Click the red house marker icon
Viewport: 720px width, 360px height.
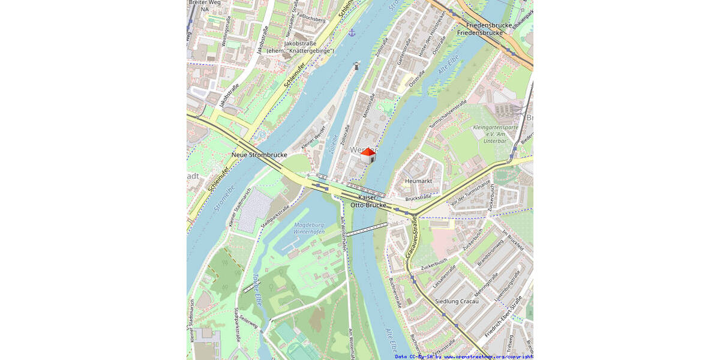click(368, 155)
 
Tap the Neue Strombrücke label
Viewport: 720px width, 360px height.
click(259, 155)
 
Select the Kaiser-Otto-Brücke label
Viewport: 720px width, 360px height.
click(372, 201)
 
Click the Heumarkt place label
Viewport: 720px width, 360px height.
click(418, 181)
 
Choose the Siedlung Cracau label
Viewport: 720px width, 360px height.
click(457, 301)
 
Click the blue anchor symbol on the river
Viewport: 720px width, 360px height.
click(352, 31)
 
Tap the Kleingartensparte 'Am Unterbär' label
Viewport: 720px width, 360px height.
click(495, 134)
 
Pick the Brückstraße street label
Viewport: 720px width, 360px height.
click(418, 197)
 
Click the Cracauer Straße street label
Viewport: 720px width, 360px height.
click(412, 238)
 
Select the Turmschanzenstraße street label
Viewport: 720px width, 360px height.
click(448, 114)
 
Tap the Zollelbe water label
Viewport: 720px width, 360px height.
click(334, 144)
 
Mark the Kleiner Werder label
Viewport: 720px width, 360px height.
click(313, 137)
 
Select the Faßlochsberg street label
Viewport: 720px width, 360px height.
click(313, 19)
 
